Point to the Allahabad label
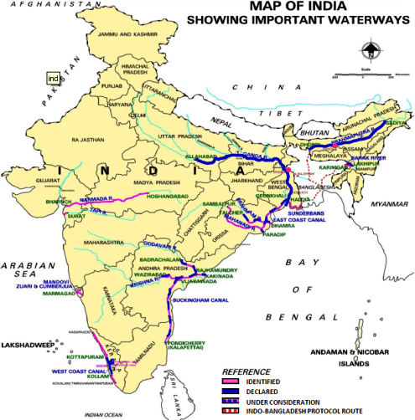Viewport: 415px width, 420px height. point(202,157)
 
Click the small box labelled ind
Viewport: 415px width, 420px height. point(53,79)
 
